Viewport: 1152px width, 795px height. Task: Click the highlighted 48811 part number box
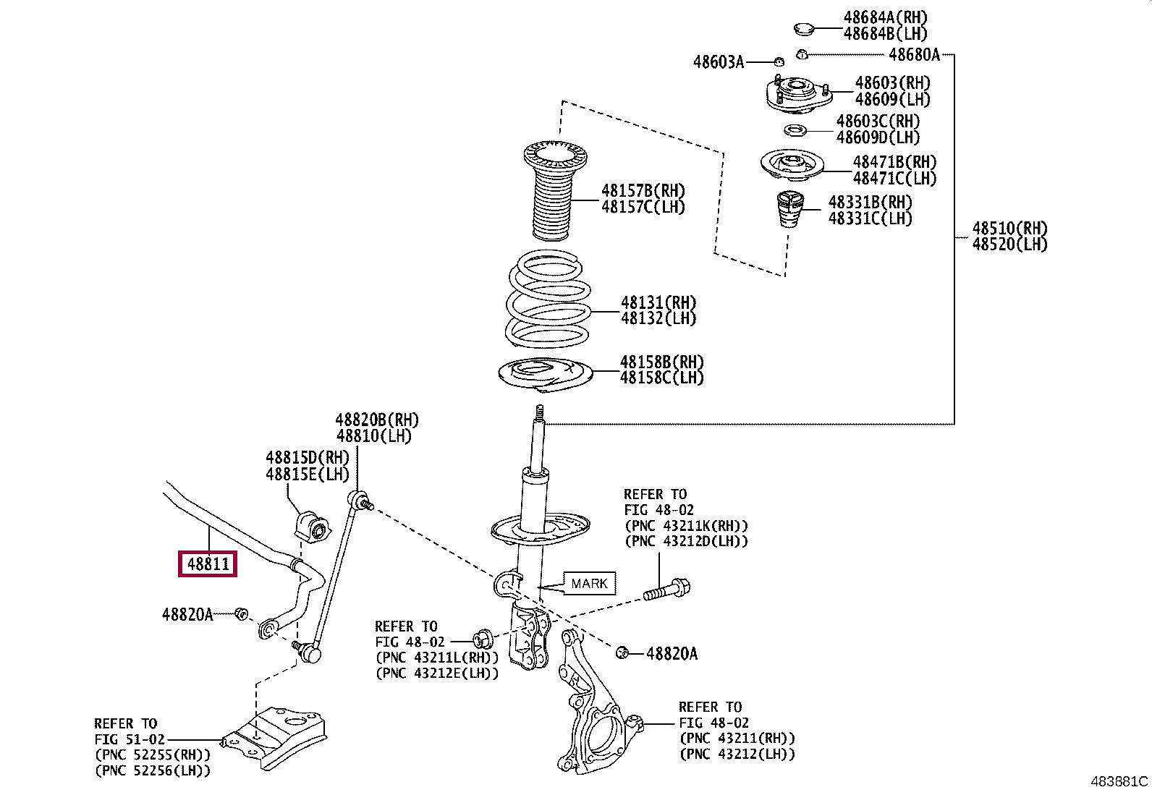click(207, 564)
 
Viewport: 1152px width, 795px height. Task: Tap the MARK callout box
click(589, 583)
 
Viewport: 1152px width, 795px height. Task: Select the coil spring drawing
click(549, 299)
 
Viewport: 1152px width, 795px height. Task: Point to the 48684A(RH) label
click(886, 17)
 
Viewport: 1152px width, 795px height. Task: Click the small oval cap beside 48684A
click(804, 29)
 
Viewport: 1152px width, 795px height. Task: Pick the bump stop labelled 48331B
click(789, 209)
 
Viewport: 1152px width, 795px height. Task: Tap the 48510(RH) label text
click(1009, 228)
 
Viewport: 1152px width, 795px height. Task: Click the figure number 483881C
click(1119, 781)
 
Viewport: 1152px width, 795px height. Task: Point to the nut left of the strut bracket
click(483, 639)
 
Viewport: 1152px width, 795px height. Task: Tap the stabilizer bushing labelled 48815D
click(312, 526)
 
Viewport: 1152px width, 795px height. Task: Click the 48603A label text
click(719, 62)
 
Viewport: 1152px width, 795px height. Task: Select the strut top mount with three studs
click(799, 94)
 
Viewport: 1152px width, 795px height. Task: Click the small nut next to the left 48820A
click(241, 613)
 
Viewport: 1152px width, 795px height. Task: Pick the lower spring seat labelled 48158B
click(545, 374)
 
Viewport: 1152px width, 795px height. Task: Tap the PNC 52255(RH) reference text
click(153, 755)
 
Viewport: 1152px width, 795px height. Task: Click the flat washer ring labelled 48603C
click(795, 130)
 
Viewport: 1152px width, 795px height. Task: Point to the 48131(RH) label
click(658, 302)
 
